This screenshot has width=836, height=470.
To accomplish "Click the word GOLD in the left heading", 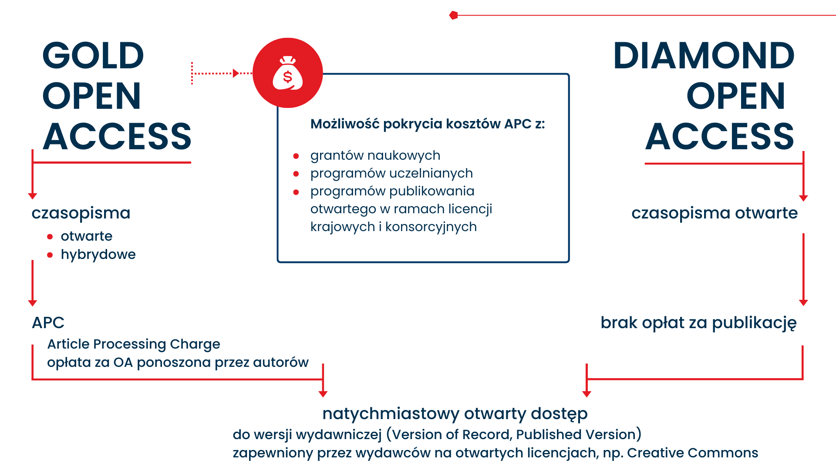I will tap(93, 56).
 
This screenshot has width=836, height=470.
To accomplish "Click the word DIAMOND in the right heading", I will tap(704, 56).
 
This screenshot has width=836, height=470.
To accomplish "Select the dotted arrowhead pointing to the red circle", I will tap(236, 73).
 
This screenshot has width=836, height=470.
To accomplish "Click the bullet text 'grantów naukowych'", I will tap(375, 155).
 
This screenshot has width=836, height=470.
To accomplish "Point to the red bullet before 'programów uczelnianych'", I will tap(296, 174).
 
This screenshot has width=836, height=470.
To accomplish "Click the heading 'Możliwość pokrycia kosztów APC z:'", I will tap(427, 124).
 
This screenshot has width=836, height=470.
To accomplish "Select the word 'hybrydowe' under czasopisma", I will tap(98, 255).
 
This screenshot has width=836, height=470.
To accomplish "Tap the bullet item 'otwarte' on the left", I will tap(86, 236).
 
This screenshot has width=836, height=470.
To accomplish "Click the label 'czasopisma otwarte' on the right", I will tap(714, 213).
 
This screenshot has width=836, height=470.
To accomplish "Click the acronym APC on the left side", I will tap(48, 323).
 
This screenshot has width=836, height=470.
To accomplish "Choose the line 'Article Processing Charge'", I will tap(134, 344).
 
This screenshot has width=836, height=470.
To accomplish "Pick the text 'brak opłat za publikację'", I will tap(698, 323).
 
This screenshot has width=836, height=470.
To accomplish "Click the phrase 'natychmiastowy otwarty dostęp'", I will tap(455, 413).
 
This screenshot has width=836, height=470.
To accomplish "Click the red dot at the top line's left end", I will tap(454, 15).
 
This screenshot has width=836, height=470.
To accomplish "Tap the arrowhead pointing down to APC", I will tap(32, 303).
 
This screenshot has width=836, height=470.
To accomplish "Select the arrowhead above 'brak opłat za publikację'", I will tap(803, 302).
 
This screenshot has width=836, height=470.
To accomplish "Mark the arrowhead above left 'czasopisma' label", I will tap(32, 196).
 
